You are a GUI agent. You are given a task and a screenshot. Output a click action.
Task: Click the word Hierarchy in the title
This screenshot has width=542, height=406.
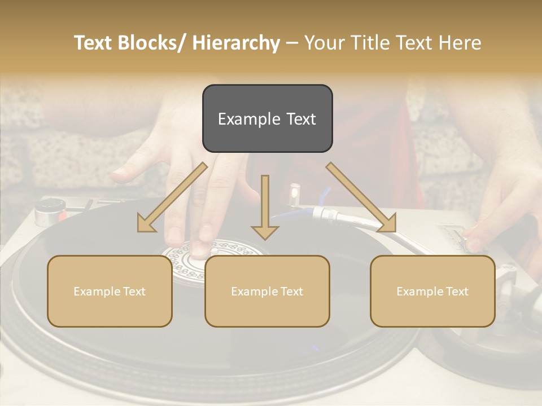point(236,43)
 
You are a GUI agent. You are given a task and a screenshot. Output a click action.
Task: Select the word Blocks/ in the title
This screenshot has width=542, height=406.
point(155,43)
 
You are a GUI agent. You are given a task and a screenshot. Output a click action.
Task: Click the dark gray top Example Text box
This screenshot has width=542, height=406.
point(267,118)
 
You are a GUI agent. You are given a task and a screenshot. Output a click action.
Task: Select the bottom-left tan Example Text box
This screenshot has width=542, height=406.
point(110,291)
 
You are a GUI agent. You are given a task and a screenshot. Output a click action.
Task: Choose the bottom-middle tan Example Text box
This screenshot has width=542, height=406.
point(267,291)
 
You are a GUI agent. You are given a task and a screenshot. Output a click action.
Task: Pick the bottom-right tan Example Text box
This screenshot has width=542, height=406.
point(432,291)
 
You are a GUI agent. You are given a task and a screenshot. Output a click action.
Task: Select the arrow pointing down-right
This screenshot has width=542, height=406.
point(362,198)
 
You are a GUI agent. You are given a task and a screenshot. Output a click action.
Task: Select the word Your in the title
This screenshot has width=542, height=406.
point(322,43)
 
